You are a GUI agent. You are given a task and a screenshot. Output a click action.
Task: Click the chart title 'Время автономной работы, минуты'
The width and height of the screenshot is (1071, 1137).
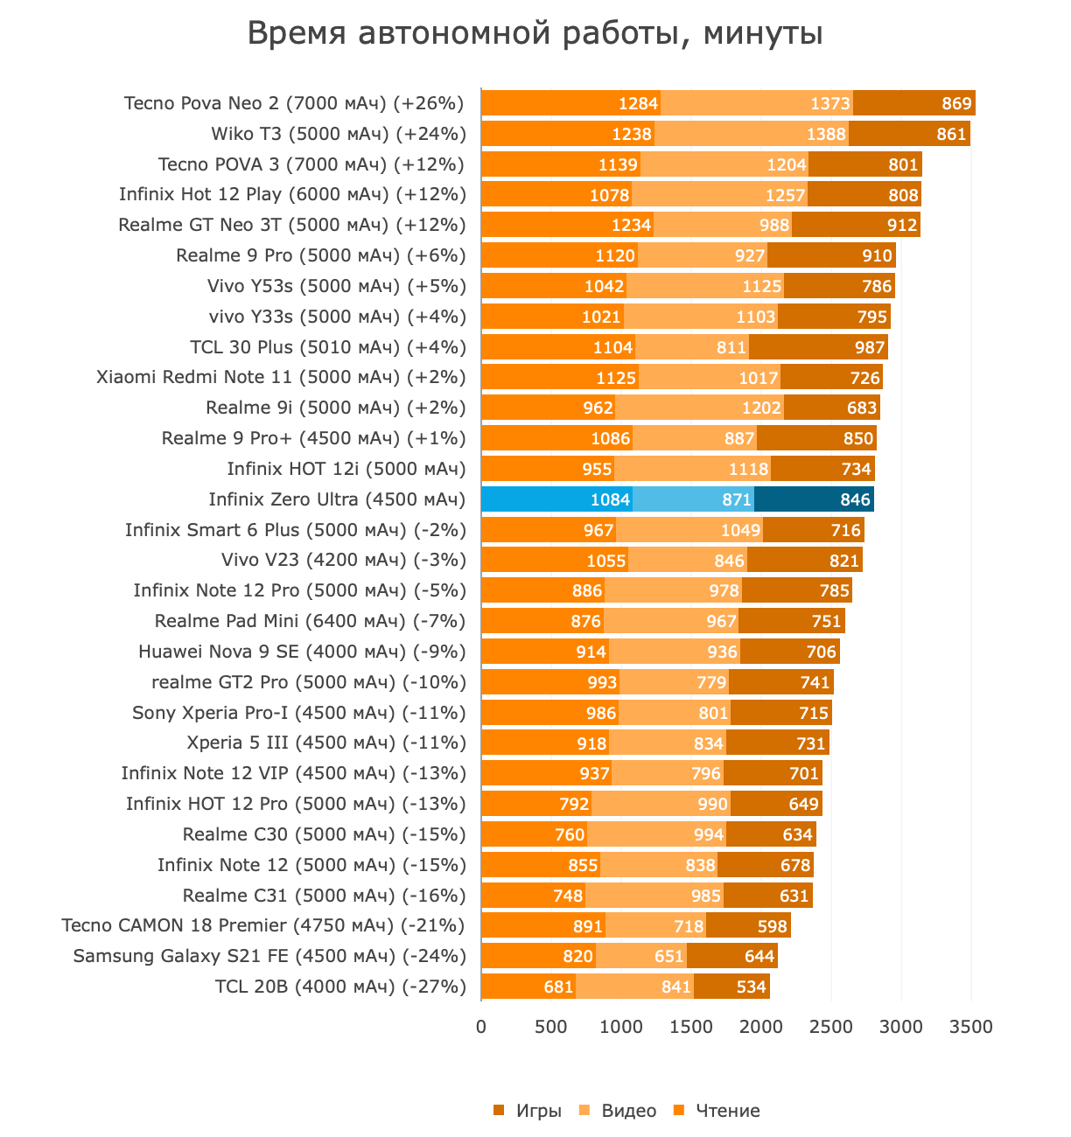pyautogui.click(x=535, y=34)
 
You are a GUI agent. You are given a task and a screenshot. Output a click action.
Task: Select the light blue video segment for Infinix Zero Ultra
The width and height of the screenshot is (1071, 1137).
pyautogui.click(x=693, y=499)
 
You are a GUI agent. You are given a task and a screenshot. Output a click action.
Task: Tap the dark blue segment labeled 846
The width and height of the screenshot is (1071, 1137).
pyautogui.click(x=814, y=499)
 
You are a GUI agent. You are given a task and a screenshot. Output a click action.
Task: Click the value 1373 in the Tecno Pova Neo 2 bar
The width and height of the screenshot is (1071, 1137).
pyautogui.click(x=829, y=103)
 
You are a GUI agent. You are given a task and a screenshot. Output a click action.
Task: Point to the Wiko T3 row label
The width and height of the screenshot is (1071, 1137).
pyautogui.click(x=338, y=134)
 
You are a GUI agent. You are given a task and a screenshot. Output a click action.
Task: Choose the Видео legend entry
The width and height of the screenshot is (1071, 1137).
pyautogui.click(x=628, y=1111)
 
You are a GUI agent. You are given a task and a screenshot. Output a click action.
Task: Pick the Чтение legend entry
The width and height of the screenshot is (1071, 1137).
pyautogui.click(x=727, y=1111)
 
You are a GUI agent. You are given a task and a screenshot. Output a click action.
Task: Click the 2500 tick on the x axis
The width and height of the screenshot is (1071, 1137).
pyautogui.click(x=831, y=1026)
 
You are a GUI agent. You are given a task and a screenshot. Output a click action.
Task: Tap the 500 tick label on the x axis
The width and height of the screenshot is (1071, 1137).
pyautogui.click(x=551, y=1026)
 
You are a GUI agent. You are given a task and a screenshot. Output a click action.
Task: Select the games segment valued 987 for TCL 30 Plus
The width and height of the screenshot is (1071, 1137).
pyautogui.click(x=818, y=347)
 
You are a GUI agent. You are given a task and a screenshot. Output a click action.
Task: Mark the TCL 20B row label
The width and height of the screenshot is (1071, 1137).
pyautogui.click(x=340, y=987)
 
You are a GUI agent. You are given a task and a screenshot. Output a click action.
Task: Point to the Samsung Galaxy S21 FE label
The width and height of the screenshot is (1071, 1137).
pyautogui.click(x=269, y=956)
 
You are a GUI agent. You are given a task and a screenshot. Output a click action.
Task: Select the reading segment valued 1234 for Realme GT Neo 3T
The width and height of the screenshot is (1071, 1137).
pyautogui.click(x=567, y=225)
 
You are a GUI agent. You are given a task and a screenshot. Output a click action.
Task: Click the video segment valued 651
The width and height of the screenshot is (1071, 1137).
pyautogui.click(x=641, y=956)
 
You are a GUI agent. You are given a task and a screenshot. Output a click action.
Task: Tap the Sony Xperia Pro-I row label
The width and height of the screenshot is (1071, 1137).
pyautogui.click(x=298, y=713)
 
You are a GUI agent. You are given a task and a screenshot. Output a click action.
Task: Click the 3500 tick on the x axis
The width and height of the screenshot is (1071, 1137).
pyautogui.click(x=971, y=1026)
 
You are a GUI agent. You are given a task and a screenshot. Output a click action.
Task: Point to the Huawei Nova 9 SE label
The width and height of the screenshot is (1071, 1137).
pyautogui.click(x=302, y=652)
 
